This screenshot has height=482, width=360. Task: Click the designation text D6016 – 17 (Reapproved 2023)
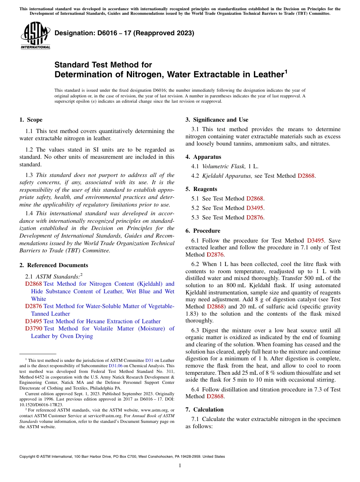pyautogui.click(x=124, y=33)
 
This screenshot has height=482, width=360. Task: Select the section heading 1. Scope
pyautogui.click(x=31, y=120)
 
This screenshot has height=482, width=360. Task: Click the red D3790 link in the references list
pyautogui.click(x=33, y=329)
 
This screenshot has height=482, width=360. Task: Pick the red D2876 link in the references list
pyautogui.click(x=33, y=306)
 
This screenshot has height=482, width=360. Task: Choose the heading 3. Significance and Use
pyautogui.click(x=217, y=120)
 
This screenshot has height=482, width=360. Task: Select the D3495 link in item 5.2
pyautogui.click(x=255, y=208)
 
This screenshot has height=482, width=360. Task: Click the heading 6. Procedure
pyautogui.click(x=203, y=231)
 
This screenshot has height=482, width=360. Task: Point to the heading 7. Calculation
pyautogui.click(x=205, y=410)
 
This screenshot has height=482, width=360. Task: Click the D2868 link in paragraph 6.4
pyautogui.click(x=215, y=397)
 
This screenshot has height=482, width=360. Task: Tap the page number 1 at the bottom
pyautogui.click(x=180, y=466)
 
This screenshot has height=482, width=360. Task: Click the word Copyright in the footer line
pyautogui.click(x=28, y=457)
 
